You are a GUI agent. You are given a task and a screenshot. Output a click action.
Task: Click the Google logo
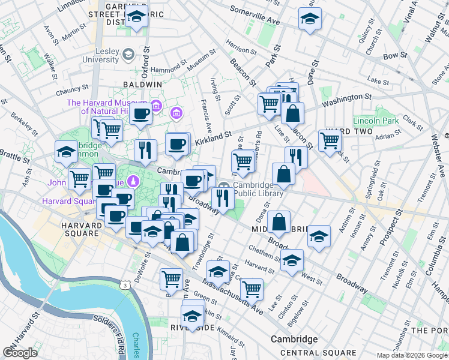[x=20, y=353]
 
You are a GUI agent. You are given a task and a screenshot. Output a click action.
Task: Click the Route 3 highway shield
[x=125, y=283]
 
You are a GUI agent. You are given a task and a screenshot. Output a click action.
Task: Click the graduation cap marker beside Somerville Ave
[x=310, y=19]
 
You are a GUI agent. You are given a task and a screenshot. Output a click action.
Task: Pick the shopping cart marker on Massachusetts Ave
[x=252, y=289]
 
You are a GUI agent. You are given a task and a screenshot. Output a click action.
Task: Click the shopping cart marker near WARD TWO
[x=330, y=140]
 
